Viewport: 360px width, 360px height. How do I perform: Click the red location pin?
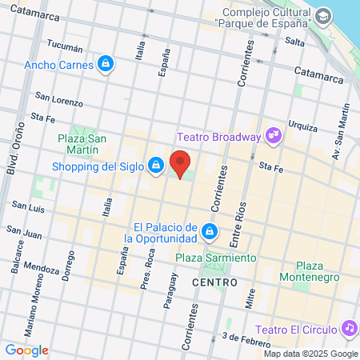181,163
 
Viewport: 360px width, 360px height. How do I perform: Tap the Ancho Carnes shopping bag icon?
106,63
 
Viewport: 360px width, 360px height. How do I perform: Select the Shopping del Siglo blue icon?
157,166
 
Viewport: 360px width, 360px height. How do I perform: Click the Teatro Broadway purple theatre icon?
274,136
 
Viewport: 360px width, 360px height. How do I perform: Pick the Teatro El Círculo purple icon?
348,329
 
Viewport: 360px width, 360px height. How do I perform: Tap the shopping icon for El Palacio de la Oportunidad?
210,232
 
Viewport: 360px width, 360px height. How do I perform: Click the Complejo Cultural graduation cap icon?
322,16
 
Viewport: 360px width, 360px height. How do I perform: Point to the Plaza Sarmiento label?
216,258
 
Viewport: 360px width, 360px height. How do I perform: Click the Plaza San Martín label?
83,143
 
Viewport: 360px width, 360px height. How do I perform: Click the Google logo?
26,350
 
